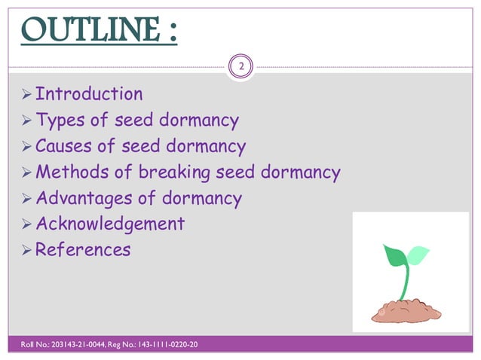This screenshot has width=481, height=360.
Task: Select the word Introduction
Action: tap(89, 94)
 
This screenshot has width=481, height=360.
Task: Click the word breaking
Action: tap(174, 172)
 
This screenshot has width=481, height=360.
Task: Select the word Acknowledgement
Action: tap(110, 224)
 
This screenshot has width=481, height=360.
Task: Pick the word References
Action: tap(83, 249)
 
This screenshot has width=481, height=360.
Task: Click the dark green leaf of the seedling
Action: tap(396, 255)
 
